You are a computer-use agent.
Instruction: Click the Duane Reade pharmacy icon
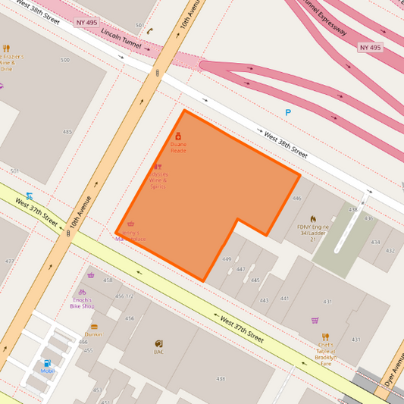point(178,136)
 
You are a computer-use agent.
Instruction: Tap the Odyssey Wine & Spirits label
point(158,180)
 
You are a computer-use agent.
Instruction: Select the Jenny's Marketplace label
point(130,236)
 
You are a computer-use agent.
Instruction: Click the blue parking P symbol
point(287,113)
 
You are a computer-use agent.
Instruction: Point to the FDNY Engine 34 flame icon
point(312,218)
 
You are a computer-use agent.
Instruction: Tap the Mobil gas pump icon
point(47,363)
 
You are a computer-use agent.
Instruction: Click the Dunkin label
point(94,334)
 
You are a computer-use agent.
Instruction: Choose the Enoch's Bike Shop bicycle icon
point(82,292)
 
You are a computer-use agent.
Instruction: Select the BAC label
point(158,352)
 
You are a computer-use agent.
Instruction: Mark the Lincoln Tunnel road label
point(121,36)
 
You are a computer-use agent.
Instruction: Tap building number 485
point(67,132)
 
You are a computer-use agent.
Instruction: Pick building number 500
point(64,60)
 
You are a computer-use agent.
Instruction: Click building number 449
point(226,259)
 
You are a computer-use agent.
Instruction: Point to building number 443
point(264,300)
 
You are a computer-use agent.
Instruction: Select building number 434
point(375,242)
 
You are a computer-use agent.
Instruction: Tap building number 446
point(296,199)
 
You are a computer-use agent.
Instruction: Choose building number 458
point(108,280)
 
